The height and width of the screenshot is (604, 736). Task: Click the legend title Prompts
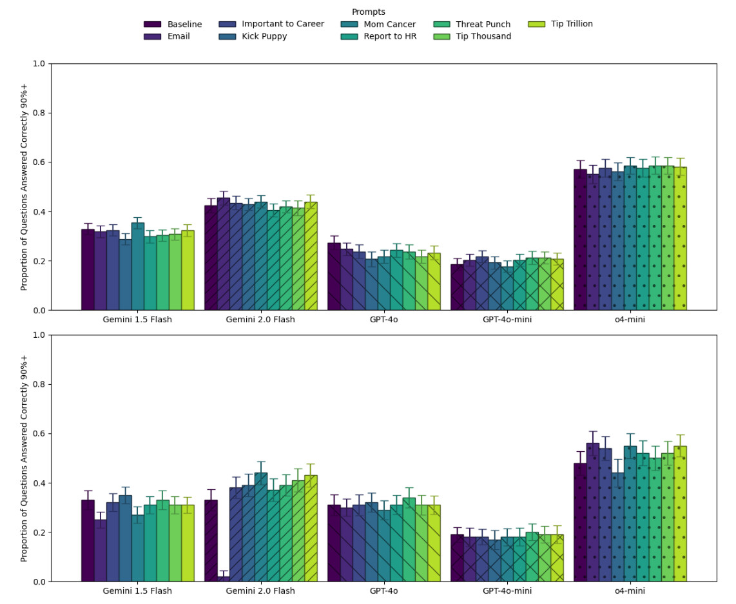tap(369, 12)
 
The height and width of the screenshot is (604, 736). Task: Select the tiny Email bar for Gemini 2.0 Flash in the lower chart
tap(223, 578)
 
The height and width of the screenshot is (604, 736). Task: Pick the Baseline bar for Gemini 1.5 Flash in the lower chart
tap(88, 541)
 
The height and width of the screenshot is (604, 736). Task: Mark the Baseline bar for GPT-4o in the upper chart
tap(334, 277)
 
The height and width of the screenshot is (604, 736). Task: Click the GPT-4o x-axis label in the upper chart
tap(383, 320)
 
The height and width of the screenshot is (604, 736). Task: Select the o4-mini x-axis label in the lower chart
tap(630, 591)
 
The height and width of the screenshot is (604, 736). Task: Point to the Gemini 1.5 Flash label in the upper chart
tap(137, 320)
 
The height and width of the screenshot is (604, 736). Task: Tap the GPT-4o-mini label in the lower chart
tap(507, 591)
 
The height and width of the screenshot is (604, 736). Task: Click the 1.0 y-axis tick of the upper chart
tap(39, 64)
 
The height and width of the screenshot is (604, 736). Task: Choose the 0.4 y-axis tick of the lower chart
tap(39, 483)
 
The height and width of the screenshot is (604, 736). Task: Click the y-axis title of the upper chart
tap(24, 187)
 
